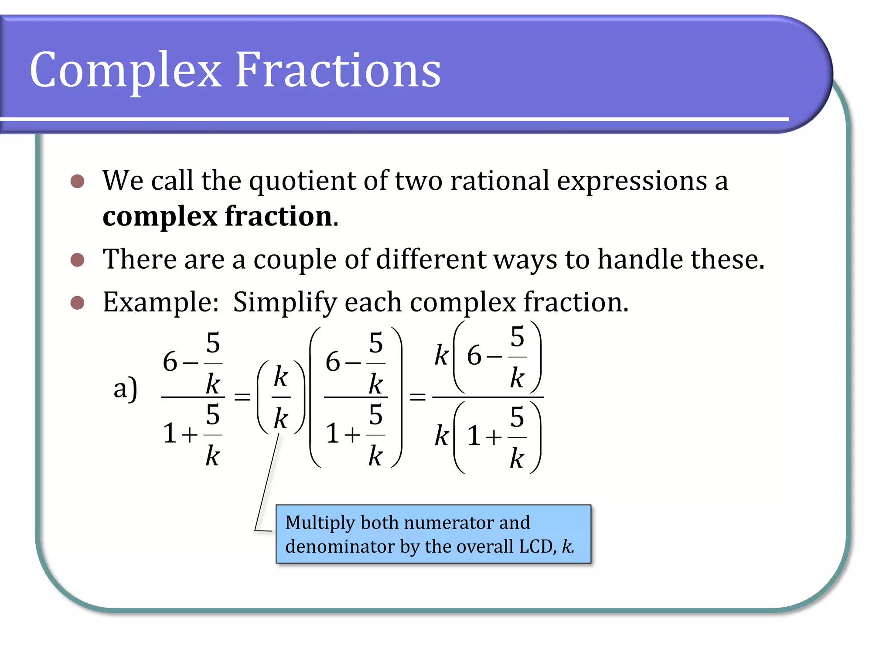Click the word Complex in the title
[126, 70]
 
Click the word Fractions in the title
[338, 70]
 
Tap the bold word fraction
[278, 216]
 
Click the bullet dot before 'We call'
[77, 181]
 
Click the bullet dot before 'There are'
[77, 260]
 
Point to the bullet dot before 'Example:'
[77, 302]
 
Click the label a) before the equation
[125, 388]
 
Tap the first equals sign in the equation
[242, 397]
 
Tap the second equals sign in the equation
[417, 397]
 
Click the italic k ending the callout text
[566, 546]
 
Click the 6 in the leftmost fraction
[170, 362]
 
